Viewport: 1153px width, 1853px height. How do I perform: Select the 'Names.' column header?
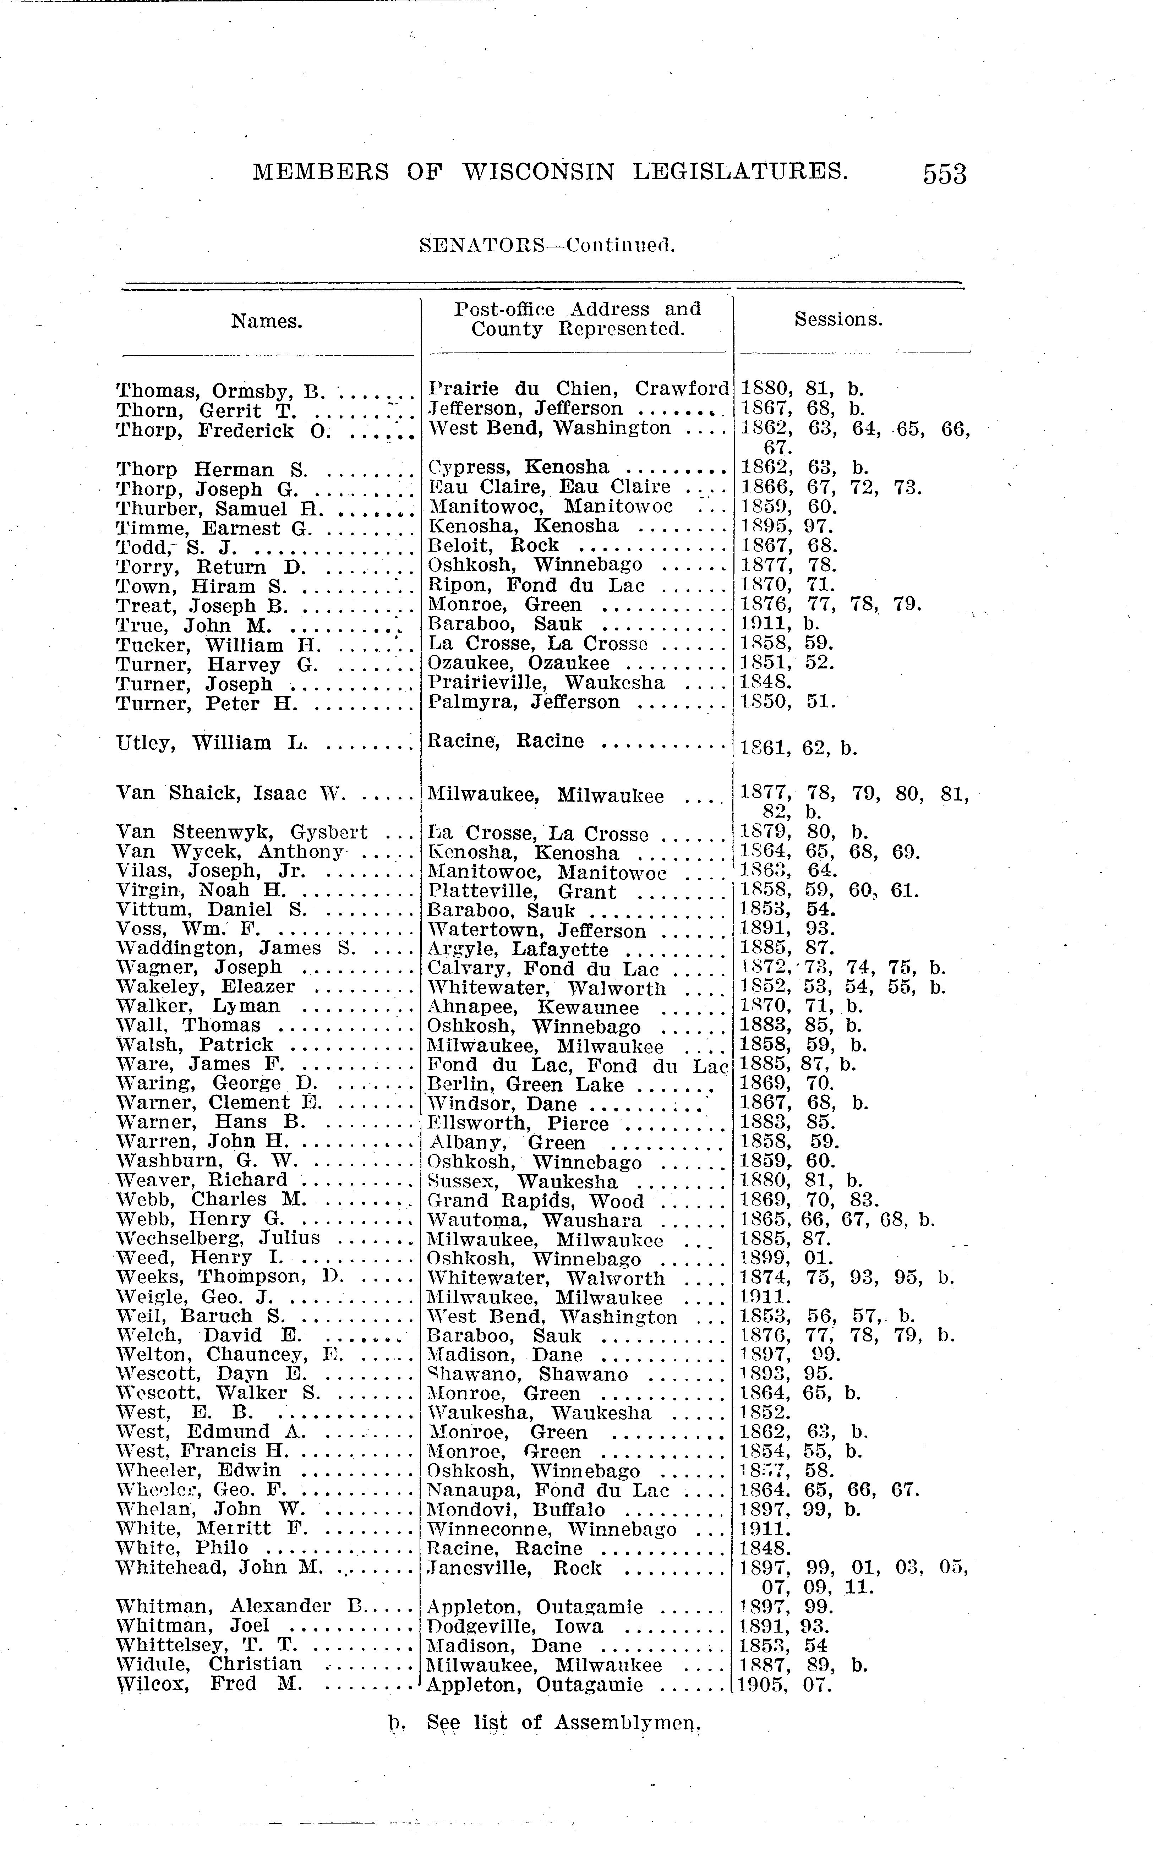coord(267,321)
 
